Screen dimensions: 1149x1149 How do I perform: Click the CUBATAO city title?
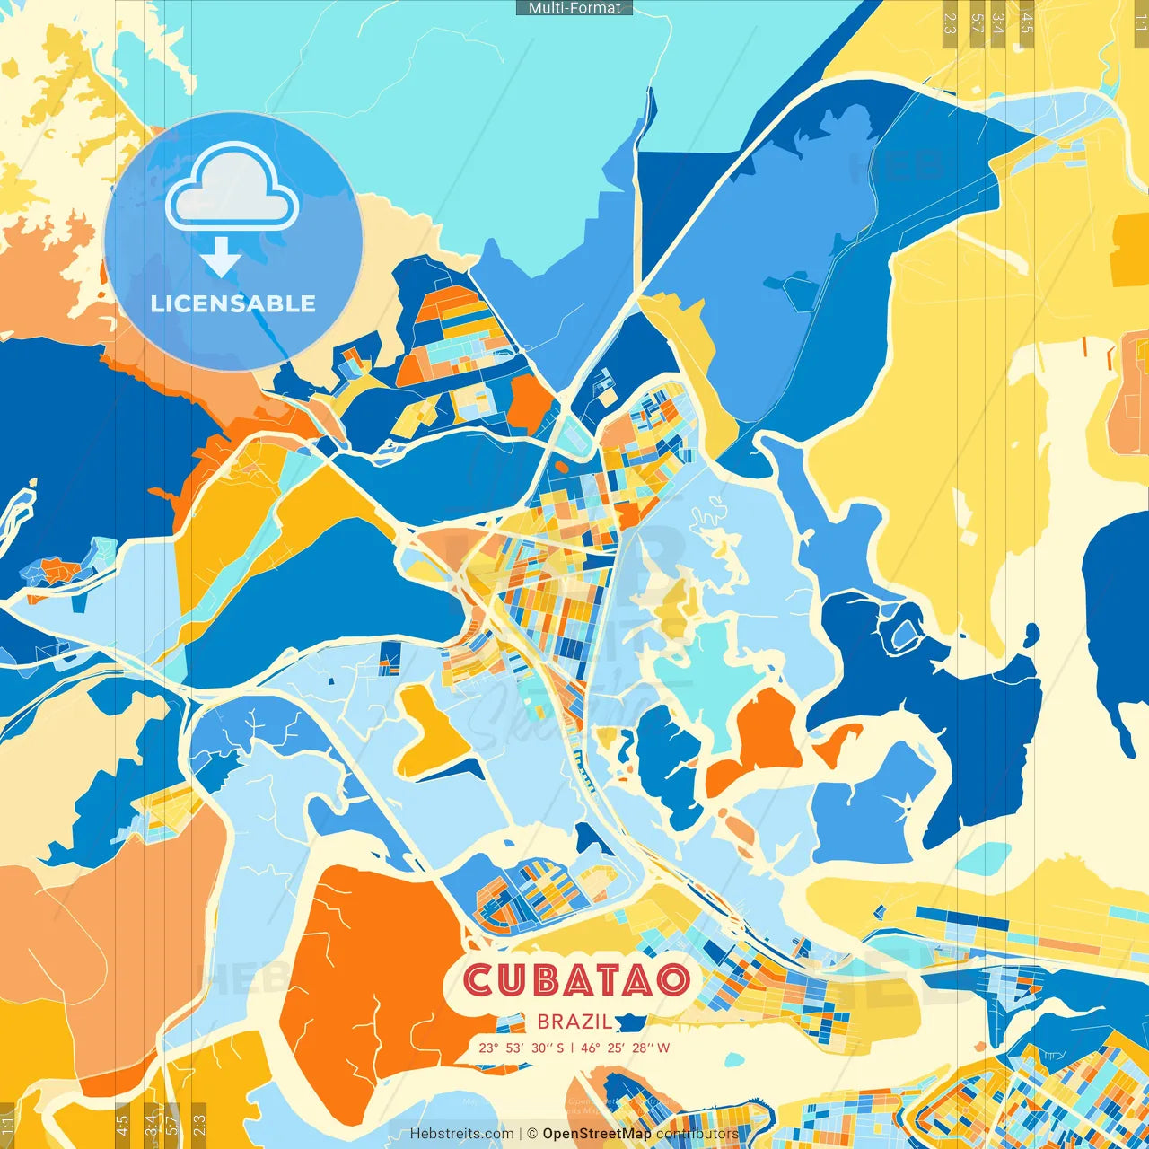576,980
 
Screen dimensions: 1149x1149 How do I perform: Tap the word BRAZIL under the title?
574,1022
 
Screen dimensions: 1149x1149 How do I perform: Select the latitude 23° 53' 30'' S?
521,1048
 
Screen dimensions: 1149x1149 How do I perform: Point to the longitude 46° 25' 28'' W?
625,1048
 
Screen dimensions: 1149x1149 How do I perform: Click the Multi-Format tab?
574,8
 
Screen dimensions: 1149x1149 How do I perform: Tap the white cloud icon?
232,189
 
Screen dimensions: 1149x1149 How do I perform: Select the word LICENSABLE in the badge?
233,303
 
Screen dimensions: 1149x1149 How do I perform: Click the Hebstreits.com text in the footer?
461,1134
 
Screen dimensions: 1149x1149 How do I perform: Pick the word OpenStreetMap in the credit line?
597,1134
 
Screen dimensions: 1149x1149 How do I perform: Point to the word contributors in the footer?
697,1134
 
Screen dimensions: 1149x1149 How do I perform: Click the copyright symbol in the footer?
531,1134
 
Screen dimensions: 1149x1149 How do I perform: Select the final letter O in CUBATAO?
672,980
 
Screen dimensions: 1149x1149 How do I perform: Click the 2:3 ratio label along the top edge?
949,22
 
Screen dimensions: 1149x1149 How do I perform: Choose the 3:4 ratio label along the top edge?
997,22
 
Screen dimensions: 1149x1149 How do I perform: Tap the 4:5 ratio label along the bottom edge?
122,1125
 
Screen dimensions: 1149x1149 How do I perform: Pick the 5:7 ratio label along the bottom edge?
171,1125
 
